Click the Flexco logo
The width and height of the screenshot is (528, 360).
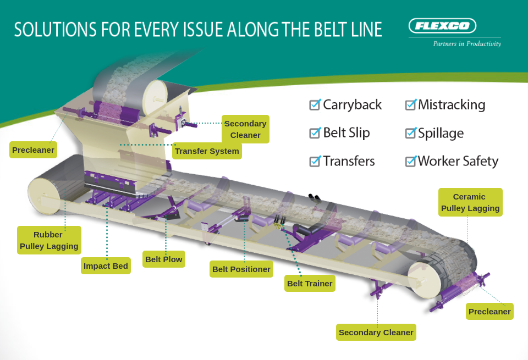pyautogui.click(x=442, y=26)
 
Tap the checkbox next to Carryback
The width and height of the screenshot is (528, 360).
pyautogui.click(x=315, y=104)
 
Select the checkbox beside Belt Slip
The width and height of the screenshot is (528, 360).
pyautogui.click(x=315, y=132)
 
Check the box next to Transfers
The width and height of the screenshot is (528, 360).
pyautogui.click(x=315, y=161)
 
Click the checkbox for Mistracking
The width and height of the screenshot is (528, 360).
pyautogui.click(x=410, y=104)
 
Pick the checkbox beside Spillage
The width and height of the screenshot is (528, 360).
pyautogui.click(x=410, y=132)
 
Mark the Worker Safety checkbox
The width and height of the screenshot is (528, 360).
pyautogui.click(x=410, y=161)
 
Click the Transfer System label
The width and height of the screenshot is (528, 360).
pyautogui.click(x=207, y=151)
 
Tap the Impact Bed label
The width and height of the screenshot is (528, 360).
pyautogui.click(x=106, y=266)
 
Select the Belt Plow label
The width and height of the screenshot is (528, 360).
pyautogui.click(x=163, y=259)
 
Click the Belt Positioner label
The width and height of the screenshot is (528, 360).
pyautogui.click(x=241, y=269)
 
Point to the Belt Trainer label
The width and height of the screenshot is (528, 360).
pyautogui.click(x=310, y=284)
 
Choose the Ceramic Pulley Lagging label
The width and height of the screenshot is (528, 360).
pyautogui.click(x=470, y=202)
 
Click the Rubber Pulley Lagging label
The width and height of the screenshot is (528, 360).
pyautogui.click(x=49, y=240)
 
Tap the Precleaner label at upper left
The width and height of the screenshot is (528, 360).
pyautogui.click(x=33, y=149)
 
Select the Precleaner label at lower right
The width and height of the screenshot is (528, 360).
pyautogui.click(x=490, y=312)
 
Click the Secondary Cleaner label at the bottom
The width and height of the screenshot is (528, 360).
pyautogui.click(x=376, y=333)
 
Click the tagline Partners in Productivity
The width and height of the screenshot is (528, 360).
pyautogui.click(x=467, y=43)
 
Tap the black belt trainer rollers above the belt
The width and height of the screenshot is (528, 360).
pyautogui.click(x=315, y=199)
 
